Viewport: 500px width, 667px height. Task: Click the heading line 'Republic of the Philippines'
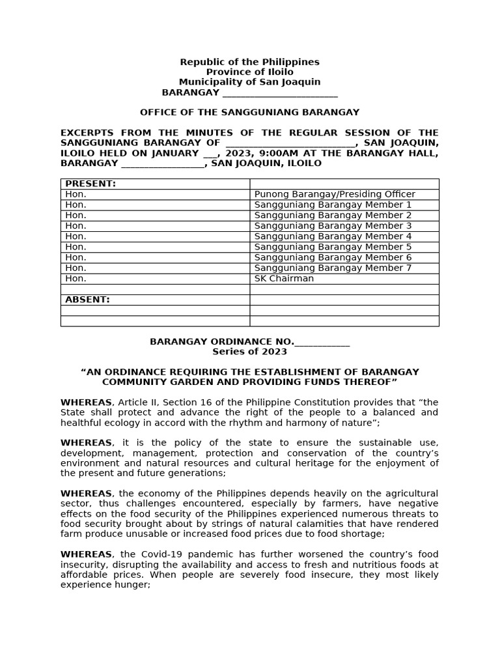coord(249,62)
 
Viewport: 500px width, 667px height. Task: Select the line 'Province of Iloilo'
coord(249,72)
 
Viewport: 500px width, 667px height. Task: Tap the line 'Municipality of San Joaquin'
coord(249,82)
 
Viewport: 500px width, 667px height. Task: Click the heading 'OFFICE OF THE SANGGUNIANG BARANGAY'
coord(249,113)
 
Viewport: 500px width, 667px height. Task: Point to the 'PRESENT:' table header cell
coord(90,184)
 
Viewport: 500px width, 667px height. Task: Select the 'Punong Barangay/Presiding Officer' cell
coord(335,194)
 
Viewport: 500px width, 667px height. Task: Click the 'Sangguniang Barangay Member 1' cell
coord(333,205)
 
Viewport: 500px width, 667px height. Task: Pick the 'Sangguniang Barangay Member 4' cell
coord(333,236)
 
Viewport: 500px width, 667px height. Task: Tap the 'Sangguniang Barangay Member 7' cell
coord(333,268)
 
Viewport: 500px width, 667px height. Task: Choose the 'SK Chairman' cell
coord(284,278)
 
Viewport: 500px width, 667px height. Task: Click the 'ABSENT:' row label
coord(88,300)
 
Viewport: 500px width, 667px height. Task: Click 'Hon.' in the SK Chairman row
coord(76,278)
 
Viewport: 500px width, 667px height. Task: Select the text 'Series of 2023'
coord(249,352)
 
